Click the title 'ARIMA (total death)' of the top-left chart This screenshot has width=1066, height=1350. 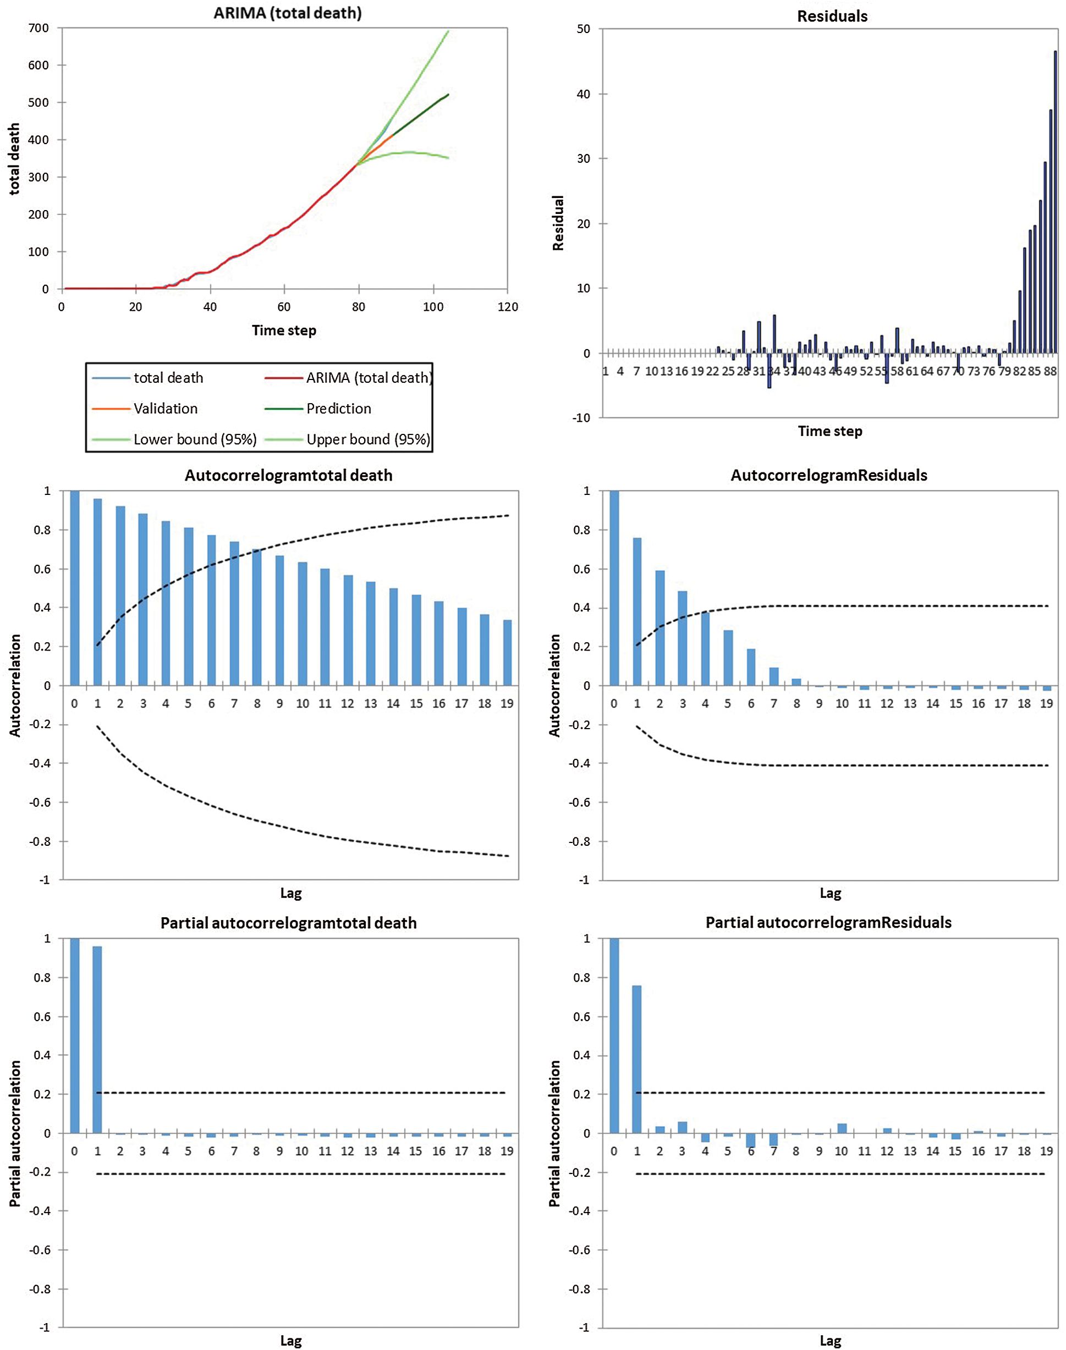coord(288,13)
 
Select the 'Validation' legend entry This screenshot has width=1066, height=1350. coord(166,409)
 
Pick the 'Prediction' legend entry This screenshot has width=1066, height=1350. coord(338,409)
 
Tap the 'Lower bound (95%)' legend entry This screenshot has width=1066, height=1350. coord(195,439)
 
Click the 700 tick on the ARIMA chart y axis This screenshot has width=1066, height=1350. coord(39,28)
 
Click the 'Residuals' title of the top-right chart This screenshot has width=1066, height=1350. coord(832,16)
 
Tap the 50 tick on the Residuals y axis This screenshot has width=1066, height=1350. coord(584,29)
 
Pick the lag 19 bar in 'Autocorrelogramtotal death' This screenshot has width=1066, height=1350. coord(507,653)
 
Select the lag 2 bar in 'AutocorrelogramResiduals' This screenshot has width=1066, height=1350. coord(660,627)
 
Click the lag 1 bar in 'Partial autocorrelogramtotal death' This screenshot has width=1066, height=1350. coord(97,1039)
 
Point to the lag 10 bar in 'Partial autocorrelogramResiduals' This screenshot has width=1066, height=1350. coord(842,1128)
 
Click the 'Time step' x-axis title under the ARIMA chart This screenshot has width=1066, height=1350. coord(284,330)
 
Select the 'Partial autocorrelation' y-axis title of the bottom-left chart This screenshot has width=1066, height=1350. coord(15,1133)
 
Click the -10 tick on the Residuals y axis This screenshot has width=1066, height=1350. coord(582,418)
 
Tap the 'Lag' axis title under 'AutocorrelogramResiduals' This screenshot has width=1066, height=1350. coord(830,894)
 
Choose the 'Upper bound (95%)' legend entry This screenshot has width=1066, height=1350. coord(367,439)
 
